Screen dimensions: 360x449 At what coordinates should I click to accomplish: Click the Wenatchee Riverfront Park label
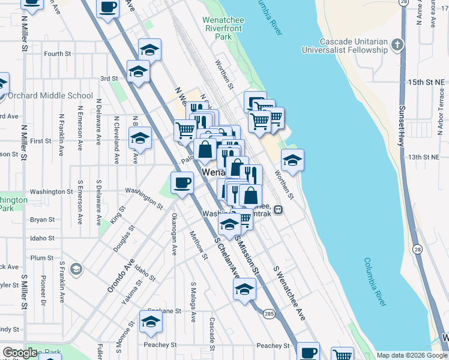pos(223,28)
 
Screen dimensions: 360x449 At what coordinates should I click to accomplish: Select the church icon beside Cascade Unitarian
pos(397,44)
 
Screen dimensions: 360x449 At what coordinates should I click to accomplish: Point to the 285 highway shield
pos(268,313)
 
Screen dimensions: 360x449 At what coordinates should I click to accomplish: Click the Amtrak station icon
pos(279,209)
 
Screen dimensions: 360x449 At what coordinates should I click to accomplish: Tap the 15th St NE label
pos(423,81)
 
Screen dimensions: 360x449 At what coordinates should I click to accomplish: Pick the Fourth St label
pos(58,54)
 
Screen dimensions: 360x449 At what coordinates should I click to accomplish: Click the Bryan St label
pos(42,220)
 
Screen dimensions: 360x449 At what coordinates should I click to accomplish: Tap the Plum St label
pos(42,257)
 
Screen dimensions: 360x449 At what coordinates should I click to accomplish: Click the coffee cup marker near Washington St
pos(182,182)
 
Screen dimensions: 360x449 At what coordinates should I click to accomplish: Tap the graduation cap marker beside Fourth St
pos(149,49)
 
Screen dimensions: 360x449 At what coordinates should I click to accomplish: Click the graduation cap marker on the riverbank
pos(292,160)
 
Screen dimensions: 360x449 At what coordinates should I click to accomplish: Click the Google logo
pos(21,353)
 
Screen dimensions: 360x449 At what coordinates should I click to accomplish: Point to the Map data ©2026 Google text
pos(411,355)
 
